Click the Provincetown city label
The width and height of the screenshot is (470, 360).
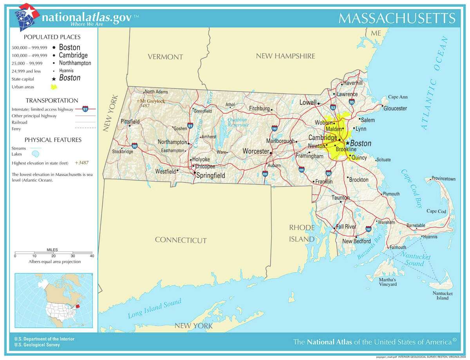pos(444,179)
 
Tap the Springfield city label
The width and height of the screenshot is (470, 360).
pos(210,175)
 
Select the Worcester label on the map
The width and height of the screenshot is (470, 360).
pos(256,151)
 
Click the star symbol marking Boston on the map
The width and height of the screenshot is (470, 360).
pos(347,143)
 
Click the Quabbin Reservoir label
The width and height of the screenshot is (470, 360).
pos(237,122)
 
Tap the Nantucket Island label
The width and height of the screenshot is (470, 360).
pos(443,295)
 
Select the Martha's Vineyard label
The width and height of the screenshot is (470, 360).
pos(387,282)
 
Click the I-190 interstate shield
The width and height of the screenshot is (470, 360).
pos(274,128)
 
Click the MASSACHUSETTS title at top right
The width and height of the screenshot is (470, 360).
pos(396,18)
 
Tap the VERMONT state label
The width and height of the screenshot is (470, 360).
pos(165,57)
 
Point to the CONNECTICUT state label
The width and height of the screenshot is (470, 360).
pos(181,240)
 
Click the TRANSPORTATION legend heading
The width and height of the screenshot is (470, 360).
pos(52,101)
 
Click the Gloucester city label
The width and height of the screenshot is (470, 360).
pos(395,108)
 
